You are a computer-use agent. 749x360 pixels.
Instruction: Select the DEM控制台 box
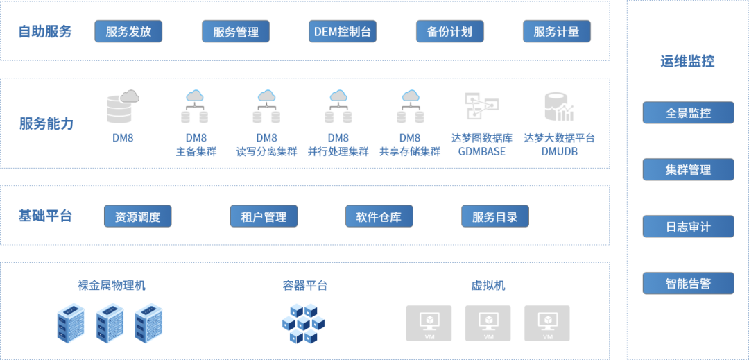[343, 31]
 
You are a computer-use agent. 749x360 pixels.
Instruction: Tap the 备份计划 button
[450, 31]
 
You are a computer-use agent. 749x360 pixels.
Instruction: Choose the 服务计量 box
[556, 31]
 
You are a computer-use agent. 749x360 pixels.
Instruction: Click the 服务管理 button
[236, 32]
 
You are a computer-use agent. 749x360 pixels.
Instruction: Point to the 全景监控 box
[688, 112]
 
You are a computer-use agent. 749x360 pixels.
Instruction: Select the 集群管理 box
[688, 169]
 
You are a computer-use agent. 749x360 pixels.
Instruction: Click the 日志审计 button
[688, 226]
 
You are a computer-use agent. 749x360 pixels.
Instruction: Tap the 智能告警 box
[688, 283]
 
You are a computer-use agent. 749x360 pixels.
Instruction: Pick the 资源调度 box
[137, 216]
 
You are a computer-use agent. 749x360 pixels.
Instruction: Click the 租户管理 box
[264, 216]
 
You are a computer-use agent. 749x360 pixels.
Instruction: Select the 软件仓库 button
[379, 216]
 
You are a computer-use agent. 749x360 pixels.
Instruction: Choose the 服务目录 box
[495, 216]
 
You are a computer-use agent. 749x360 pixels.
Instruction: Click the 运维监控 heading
[687, 61]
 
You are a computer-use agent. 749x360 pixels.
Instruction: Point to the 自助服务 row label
[45, 31]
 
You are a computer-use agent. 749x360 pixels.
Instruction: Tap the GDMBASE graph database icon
[481, 105]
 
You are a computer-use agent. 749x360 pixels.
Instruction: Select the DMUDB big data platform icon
[559, 106]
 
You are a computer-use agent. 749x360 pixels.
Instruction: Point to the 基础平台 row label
[45, 215]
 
